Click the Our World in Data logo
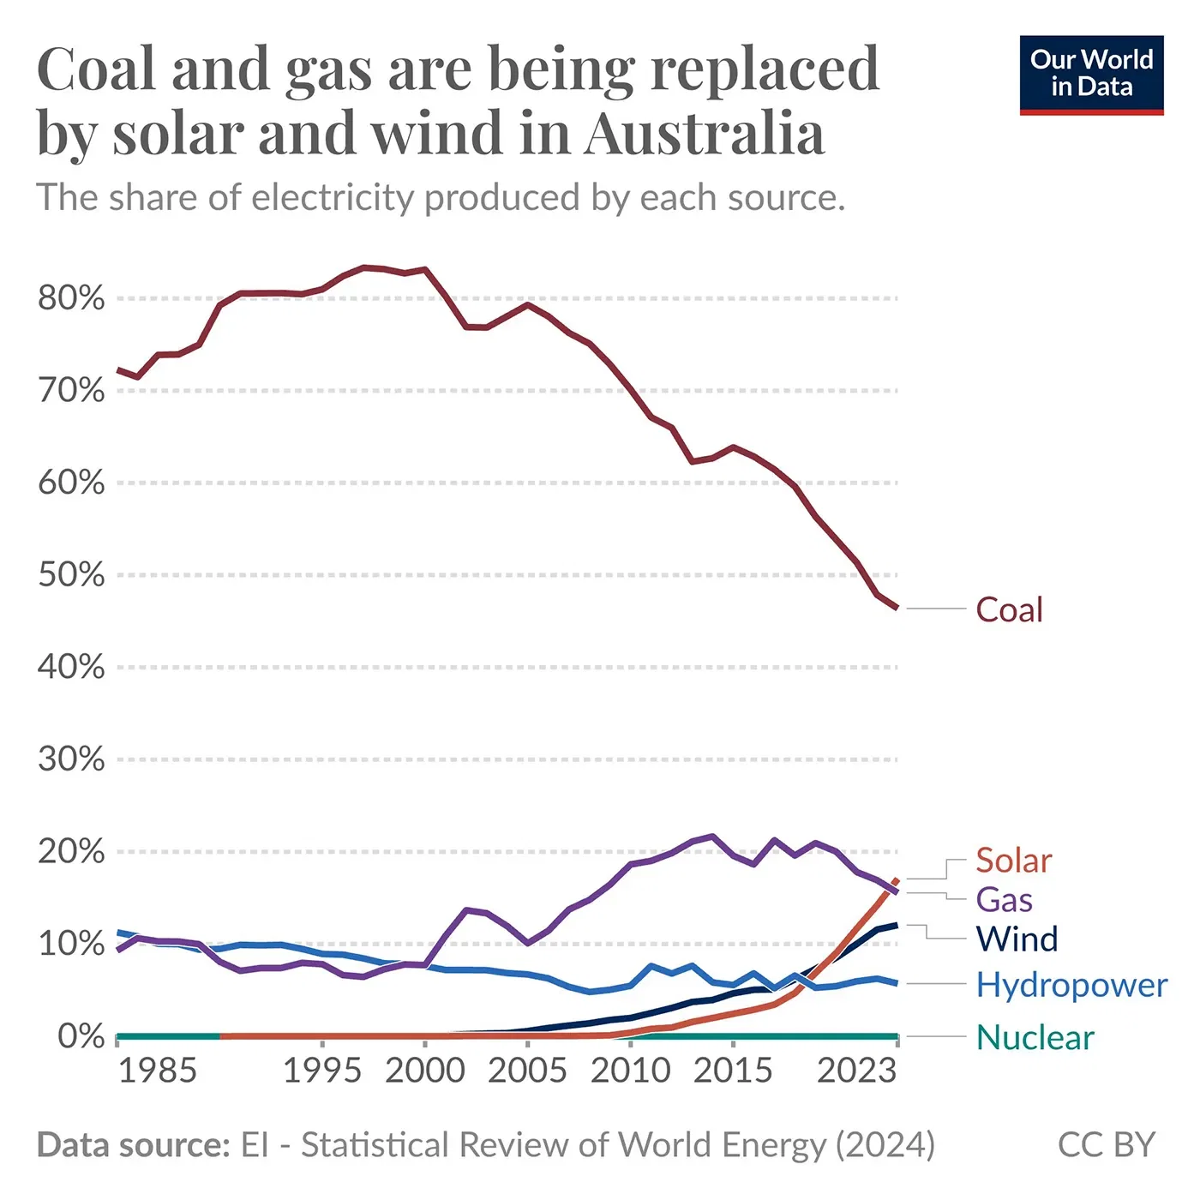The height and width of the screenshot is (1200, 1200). coord(1091,75)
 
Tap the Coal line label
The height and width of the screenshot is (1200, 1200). coord(1009,609)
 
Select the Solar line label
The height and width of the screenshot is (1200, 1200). coord(1013,860)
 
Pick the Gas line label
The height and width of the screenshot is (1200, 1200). coord(1004,899)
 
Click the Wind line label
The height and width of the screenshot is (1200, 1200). coord(1017,939)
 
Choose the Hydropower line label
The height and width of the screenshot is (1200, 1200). coord(1071,985)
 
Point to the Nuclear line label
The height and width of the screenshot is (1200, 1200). coord(1035,1037)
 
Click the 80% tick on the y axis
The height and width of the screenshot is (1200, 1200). coord(71,298)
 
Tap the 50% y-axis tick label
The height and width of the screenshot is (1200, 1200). coord(71,574)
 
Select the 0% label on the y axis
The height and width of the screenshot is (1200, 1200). coord(81,1035)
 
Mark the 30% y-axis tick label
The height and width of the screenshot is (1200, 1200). coord(71,759)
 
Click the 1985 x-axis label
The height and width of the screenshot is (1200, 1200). coord(158,1071)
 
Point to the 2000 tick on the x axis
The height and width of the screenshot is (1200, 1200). coord(425,1071)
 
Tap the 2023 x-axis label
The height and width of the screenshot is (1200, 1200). coord(856,1071)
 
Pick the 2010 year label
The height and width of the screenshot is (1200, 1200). coord(631,1071)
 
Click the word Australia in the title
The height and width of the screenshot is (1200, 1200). coord(704,134)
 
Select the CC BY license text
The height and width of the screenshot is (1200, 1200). coord(1107,1144)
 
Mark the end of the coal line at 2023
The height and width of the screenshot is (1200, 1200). coord(897,609)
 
